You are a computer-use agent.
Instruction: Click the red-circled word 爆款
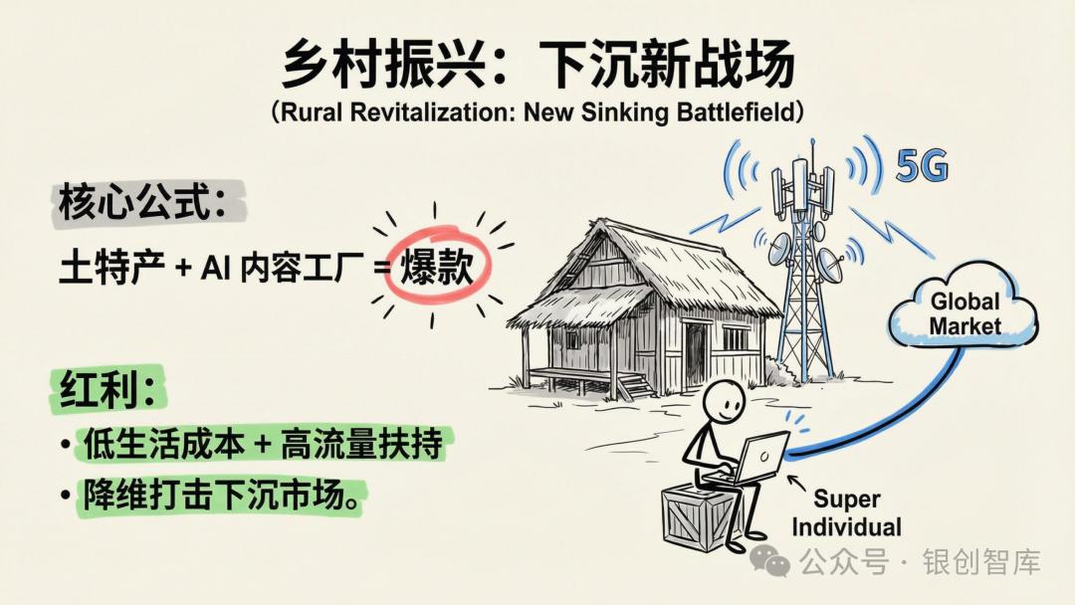pos(436,267)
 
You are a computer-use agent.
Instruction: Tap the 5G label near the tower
pos(922,167)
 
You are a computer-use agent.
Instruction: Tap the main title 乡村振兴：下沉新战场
pos(537,66)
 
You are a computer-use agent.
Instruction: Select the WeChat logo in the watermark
pos(770,560)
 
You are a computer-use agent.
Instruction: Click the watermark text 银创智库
pos(981,561)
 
